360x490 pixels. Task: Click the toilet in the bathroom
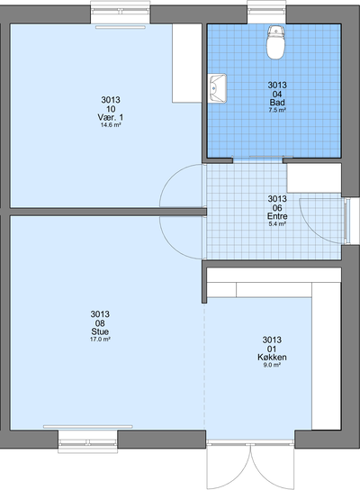tap(275, 42)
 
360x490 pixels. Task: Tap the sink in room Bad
tap(217, 88)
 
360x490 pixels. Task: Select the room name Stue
tap(100, 331)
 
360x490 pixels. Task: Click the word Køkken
tap(272, 357)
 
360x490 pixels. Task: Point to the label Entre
tap(277, 216)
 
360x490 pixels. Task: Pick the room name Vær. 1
tap(111, 117)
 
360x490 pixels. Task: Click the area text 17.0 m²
tap(100, 339)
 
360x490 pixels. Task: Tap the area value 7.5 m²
tap(277, 110)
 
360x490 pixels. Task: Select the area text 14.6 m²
tap(111, 125)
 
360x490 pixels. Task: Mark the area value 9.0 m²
tap(272, 365)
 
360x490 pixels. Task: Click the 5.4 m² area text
tap(277, 223)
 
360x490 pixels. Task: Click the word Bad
tap(277, 102)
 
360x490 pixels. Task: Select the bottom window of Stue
tap(87, 441)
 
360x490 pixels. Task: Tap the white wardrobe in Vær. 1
tap(187, 63)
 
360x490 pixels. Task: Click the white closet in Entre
tap(314, 177)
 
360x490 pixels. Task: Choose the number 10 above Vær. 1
tap(111, 109)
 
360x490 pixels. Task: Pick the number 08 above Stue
tap(100, 322)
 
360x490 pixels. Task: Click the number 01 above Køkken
tap(272, 349)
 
